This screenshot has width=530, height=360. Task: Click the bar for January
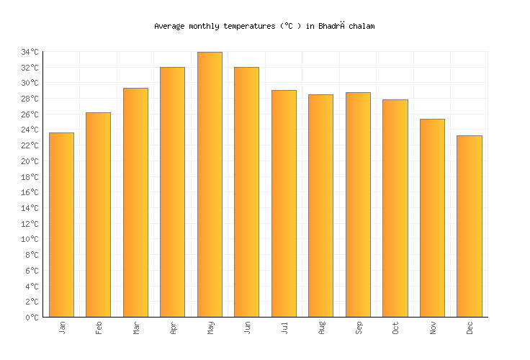coord(61,225)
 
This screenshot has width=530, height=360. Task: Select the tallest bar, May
coord(210,184)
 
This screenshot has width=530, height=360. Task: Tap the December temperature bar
coord(470,226)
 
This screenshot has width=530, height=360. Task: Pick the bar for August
coord(320,205)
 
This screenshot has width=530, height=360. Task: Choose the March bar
coord(135,202)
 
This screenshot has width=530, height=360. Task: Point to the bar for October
coord(395,208)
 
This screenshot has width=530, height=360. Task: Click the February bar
coord(98,215)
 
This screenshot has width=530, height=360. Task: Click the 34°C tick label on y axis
coord(30,53)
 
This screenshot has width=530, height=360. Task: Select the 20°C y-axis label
coord(30,161)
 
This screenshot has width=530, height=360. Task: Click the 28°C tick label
coord(30,99)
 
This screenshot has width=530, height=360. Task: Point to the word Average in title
coord(170,26)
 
